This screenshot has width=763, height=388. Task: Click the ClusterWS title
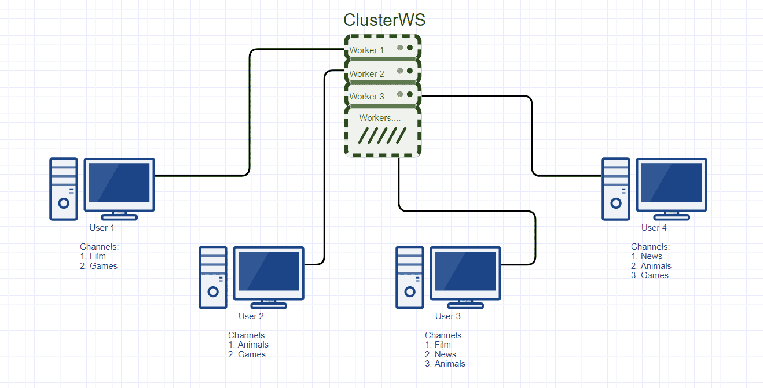coord(384,20)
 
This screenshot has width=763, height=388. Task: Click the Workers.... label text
coord(380,118)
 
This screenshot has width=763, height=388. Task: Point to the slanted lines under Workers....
coord(383,136)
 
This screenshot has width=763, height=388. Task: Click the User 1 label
coord(102,228)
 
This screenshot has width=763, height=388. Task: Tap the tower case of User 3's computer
coord(410,277)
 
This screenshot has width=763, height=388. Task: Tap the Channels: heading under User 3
coord(444,335)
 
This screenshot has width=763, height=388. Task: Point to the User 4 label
coord(654,228)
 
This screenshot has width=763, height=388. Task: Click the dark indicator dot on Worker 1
coord(410,48)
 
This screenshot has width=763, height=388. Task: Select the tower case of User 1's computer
coord(64,189)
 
